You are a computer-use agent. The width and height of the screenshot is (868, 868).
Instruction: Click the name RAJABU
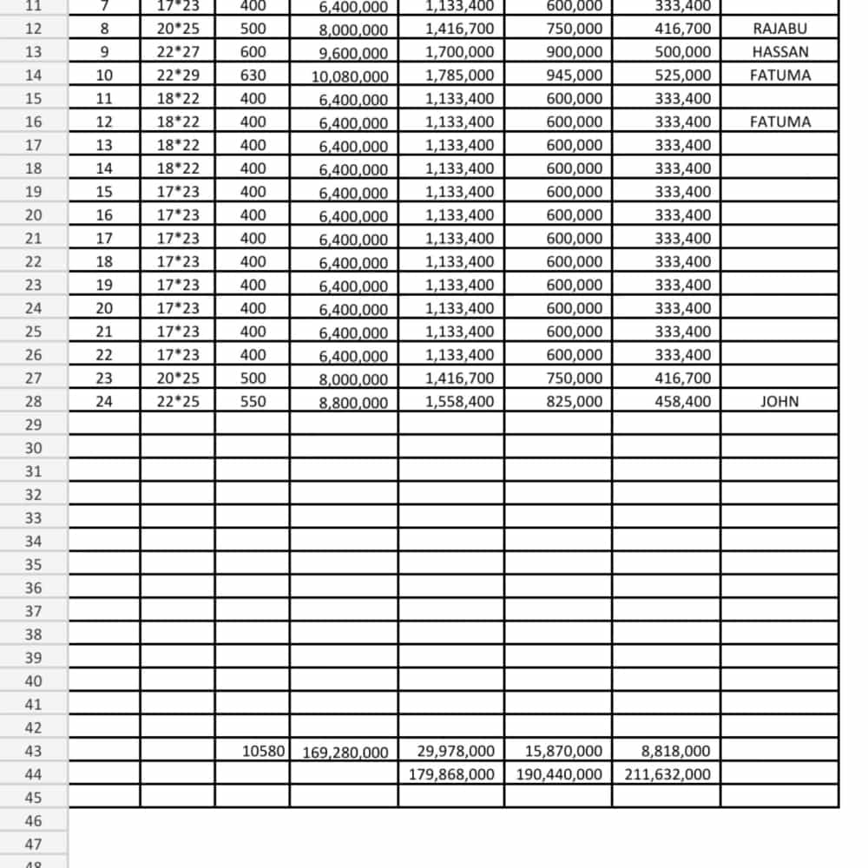[x=779, y=29]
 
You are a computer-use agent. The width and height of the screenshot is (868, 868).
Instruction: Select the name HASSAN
[x=779, y=52]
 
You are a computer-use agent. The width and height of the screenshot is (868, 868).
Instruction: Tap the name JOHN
[x=779, y=402]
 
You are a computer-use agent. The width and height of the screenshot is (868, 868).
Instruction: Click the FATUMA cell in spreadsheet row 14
[x=779, y=76]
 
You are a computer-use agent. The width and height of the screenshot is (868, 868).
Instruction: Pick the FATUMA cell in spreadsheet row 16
[x=779, y=122]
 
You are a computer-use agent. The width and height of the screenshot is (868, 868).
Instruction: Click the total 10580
[x=264, y=751]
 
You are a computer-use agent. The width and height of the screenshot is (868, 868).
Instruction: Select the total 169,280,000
[x=345, y=753]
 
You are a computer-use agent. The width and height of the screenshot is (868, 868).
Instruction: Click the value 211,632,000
[x=667, y=774]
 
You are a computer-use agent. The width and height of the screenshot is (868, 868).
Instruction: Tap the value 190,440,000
[x=559, y=774]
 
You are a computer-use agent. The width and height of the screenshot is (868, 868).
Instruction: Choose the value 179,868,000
[x=451, y=774]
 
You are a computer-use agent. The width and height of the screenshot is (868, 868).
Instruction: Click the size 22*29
[x=178, y=76]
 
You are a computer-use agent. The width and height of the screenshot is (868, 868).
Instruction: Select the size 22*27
[x=178, y=52]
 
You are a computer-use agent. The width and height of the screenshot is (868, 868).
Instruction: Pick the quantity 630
[x=253, y=76]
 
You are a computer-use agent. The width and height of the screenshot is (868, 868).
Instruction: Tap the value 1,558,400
[x=460, y=402]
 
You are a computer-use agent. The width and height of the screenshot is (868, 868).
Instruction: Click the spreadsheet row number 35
[x=33, y=565]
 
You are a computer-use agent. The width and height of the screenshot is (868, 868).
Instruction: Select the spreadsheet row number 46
[x=33, y=821]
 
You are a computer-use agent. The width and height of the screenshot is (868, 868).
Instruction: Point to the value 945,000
[x=574, y=76]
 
